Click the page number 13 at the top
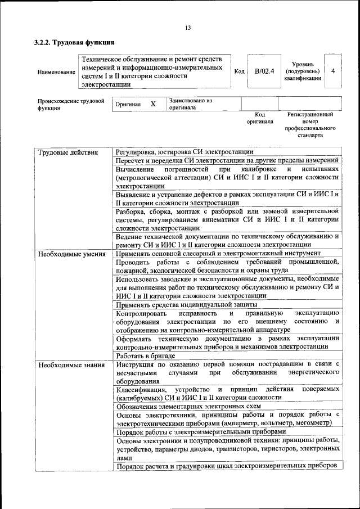(188, 28)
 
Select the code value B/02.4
(263, 71)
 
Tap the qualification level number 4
(334, 71)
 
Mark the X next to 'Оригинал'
(152, 104)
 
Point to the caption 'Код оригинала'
(259, 118)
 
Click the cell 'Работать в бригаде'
(146, 355)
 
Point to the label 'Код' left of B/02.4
(238, 71)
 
